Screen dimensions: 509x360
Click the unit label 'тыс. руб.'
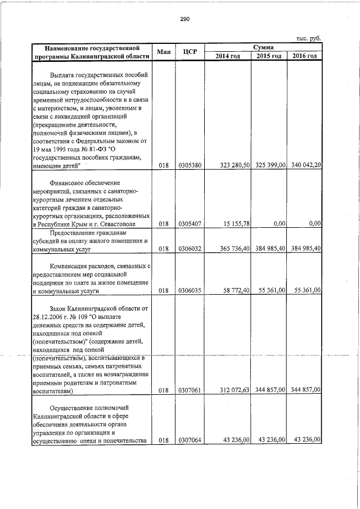(309, 38)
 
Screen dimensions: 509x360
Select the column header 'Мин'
(164, 51)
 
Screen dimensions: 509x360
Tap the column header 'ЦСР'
(190, 51)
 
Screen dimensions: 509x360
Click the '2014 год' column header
(228, 56)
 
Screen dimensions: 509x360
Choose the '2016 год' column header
(304, 56)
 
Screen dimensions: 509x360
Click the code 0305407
(190, 223)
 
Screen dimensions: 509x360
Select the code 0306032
(190, 248)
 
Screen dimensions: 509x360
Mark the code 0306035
(190, 290)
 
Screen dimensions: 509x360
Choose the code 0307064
(190, 439)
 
